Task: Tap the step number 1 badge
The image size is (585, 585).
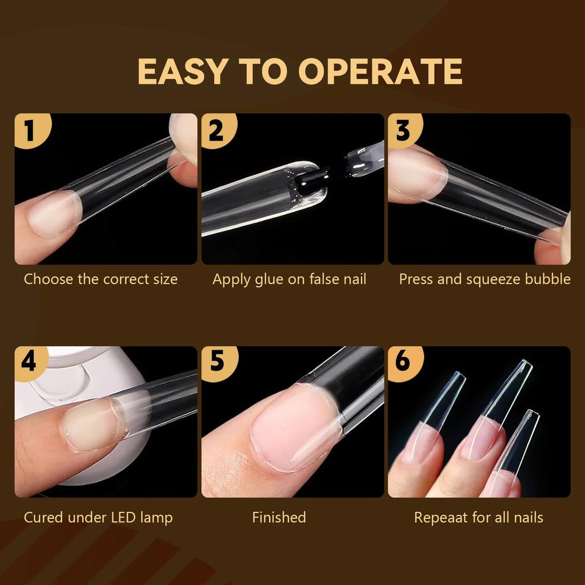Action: tap(29, 130)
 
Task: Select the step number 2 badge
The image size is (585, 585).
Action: tap(216, 130)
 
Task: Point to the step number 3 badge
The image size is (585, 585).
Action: tap(403, 130)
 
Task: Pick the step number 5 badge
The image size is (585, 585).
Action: tap(216, 362)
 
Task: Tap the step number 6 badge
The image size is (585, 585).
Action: tap(403, 362)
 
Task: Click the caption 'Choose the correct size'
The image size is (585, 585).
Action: tap(101, 279)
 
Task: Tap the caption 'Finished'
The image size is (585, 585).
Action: tap(279, 518)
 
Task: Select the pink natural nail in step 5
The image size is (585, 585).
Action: tap(289, 426)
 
